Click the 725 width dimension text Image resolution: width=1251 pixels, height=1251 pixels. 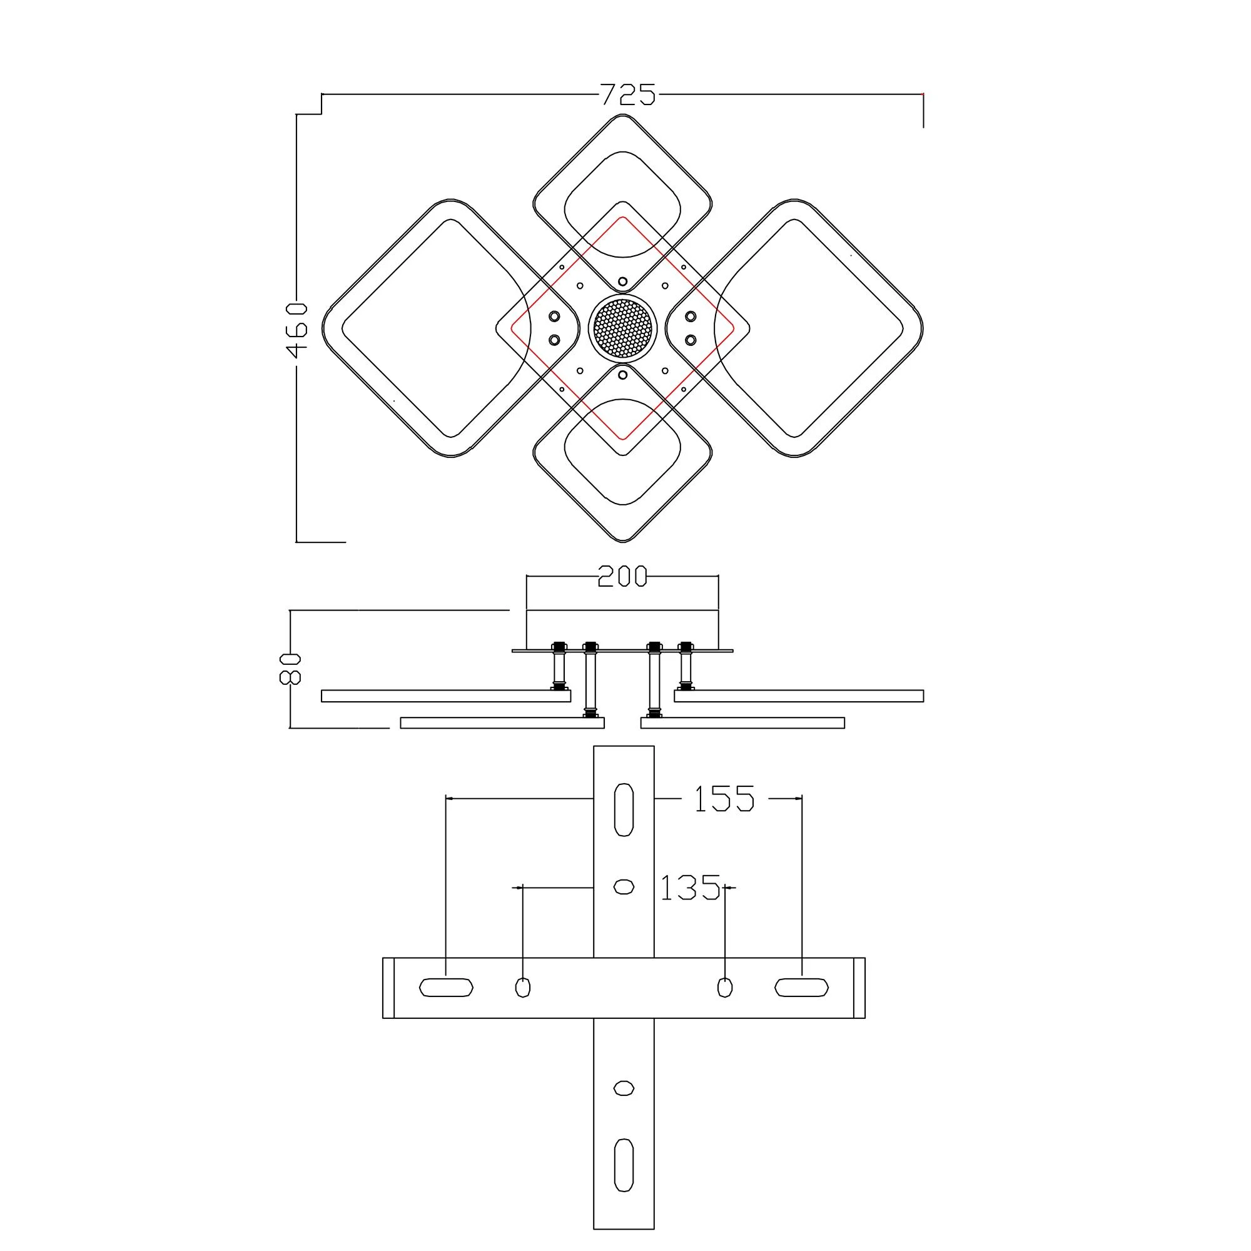(627, 94)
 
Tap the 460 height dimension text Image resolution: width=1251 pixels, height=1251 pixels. (297, 330)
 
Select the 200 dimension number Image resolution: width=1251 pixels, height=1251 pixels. (622, 576)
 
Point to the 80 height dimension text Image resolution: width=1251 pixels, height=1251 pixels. (290, 669)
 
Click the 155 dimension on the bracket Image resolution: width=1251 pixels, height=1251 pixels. (724, 799)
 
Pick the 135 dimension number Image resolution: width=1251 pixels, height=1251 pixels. (689, 888)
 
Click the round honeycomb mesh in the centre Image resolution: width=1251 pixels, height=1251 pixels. (623, 328)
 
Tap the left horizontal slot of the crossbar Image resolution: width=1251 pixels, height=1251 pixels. (446, 988)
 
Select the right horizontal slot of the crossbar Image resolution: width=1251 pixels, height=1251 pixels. (802, 988)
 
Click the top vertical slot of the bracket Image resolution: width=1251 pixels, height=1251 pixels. (624, 809)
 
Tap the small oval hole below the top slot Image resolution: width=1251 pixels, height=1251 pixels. (624, 887)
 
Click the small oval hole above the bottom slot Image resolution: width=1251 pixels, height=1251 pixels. (624, 1088)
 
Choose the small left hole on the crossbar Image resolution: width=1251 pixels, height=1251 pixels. (522, 988)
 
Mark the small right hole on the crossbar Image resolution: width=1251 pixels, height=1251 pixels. (725, 988)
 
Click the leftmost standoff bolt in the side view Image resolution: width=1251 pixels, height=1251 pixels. (558, 667)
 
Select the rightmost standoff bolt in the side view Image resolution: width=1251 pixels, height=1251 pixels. (685, 667)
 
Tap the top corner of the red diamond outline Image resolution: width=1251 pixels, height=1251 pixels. (623, 218)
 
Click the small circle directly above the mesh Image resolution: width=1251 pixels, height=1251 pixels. (623, 281)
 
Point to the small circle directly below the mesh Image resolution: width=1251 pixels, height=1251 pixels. (623, 375)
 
